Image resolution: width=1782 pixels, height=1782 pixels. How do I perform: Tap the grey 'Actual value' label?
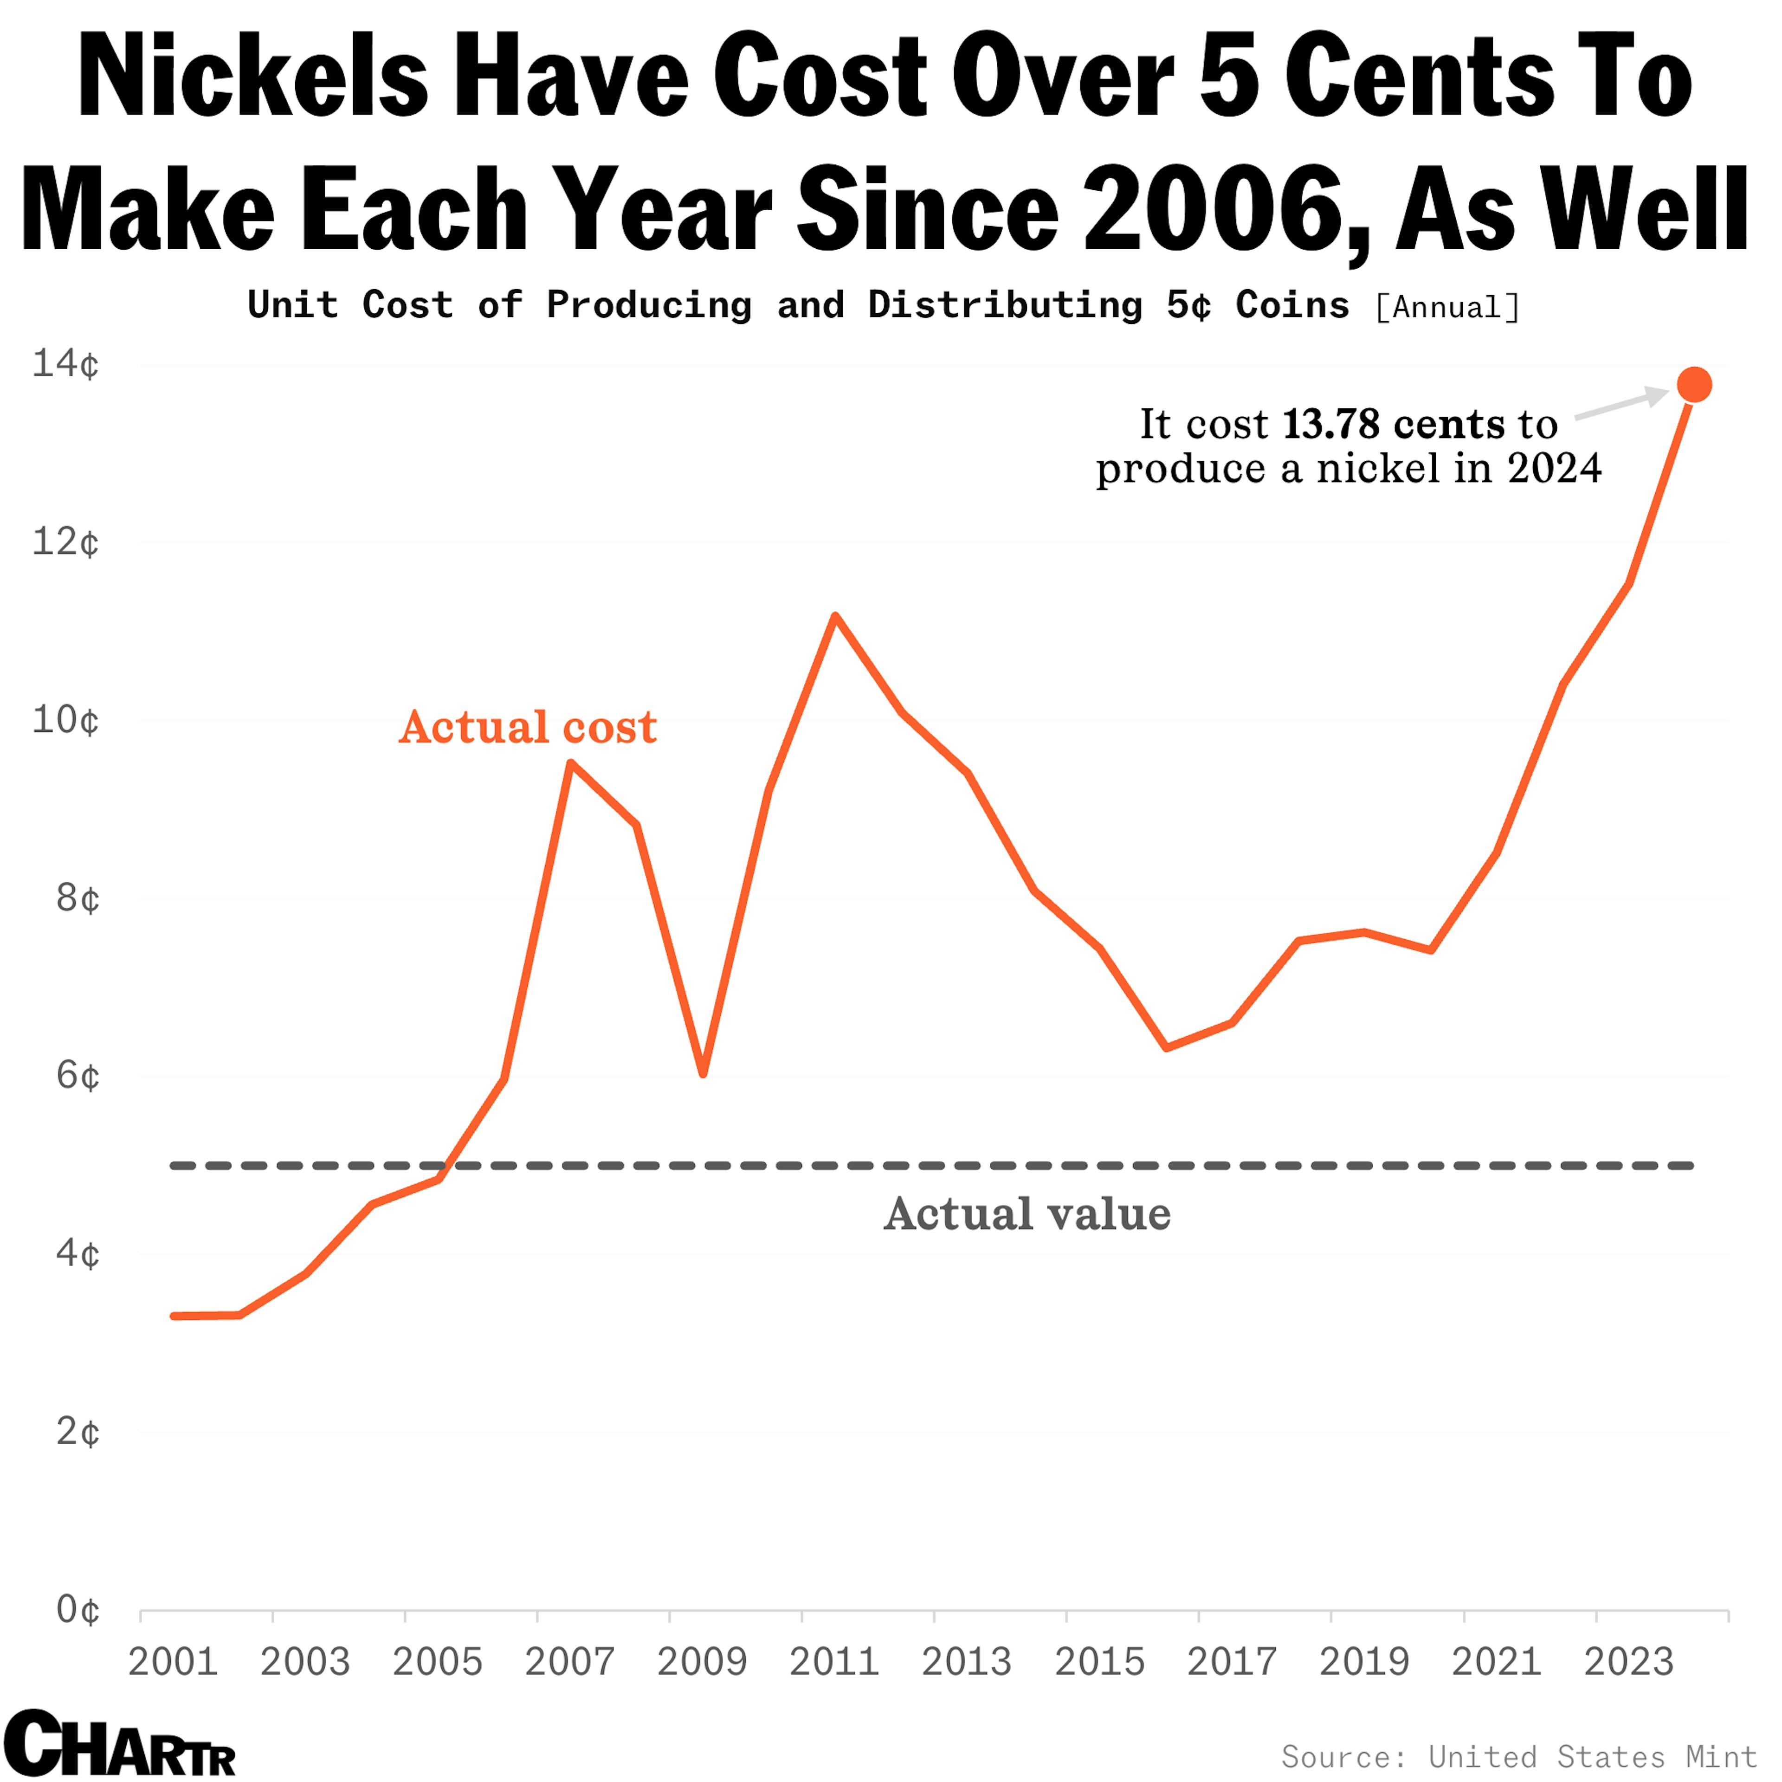1027,1214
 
